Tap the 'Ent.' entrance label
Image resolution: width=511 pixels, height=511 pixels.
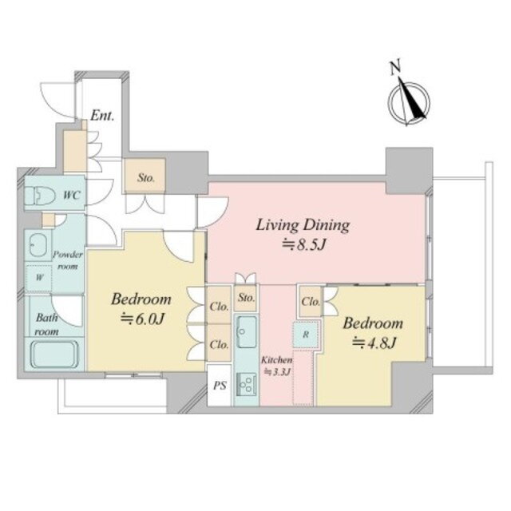click(102, 116)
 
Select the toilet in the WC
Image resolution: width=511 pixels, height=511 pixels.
click(40, 196)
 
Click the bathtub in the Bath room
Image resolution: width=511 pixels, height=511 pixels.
click(55, 355)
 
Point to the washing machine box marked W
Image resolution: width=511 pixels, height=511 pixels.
click(39, 278)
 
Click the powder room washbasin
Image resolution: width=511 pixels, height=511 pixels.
click(38, 245)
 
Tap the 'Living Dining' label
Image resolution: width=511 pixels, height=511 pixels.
click(303, 225)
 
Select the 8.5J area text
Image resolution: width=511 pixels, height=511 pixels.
click(304, 245)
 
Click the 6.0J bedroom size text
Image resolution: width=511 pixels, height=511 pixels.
click(142, 319)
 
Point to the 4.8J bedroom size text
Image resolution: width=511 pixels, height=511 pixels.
click(374, 343)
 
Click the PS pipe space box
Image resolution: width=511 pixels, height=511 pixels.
click(220, 385)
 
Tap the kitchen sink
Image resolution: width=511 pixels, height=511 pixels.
click(247, 332)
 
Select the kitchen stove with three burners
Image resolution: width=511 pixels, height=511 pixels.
click(247, 384)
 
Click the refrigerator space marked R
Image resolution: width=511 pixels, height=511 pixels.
click(306, 335)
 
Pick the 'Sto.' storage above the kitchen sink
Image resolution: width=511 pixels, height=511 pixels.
click(246, 298)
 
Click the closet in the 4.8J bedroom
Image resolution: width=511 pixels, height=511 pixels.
click(311, 302)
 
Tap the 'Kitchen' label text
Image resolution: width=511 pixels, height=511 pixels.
click(277, 360)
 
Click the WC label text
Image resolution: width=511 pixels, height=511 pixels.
click(71, 195)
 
